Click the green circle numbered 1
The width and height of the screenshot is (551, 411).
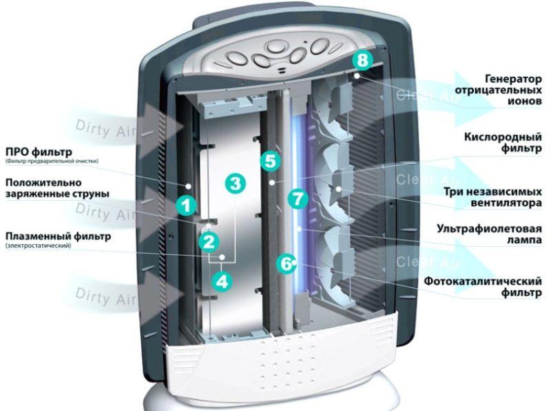[185, 204]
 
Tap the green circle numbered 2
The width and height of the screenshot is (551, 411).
[209, 241]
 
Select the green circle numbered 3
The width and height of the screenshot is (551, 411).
[236, 184]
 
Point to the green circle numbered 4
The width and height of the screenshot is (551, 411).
[221, 281]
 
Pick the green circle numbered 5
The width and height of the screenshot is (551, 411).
[270, 162]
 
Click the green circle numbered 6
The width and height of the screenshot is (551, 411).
[283, 263]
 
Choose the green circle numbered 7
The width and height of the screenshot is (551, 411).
[298, 200]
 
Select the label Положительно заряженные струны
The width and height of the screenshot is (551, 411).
[52, 188]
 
